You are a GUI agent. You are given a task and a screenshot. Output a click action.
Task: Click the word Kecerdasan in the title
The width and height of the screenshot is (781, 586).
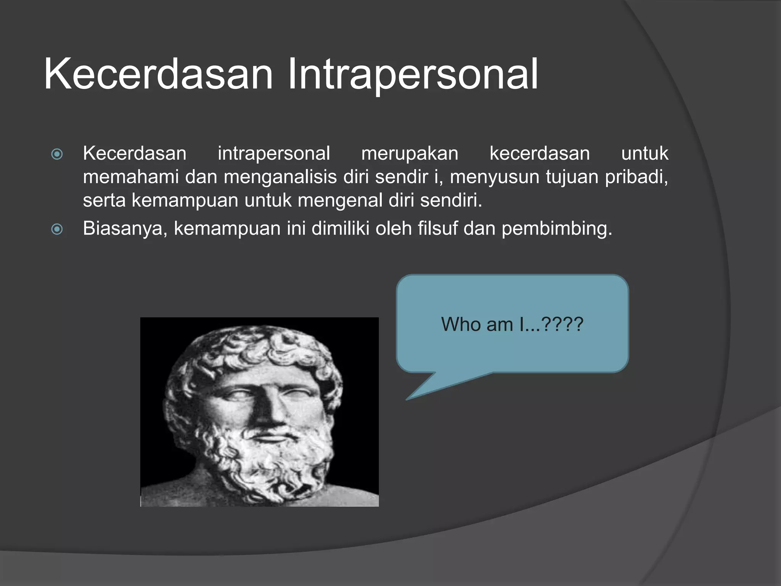pos(158,74)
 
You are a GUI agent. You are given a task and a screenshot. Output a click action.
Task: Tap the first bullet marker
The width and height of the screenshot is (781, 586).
pos(57,154)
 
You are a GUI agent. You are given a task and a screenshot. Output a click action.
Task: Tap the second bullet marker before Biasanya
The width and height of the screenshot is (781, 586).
pos(57,229)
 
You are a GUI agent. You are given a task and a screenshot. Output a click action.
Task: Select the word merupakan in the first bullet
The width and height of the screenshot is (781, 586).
pos(410,154)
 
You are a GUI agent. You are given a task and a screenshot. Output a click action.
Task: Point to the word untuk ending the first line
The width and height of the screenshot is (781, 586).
pos(644,154)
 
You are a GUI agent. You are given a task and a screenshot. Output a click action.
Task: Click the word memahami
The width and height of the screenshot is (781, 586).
pos(131,177)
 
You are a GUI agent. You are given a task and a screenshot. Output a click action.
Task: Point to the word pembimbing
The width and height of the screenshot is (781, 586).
pos(556,229)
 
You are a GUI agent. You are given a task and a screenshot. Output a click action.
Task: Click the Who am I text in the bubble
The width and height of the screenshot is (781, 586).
pos(512,324)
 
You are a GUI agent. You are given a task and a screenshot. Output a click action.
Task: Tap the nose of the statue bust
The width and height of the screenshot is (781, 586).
pos(269,410)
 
